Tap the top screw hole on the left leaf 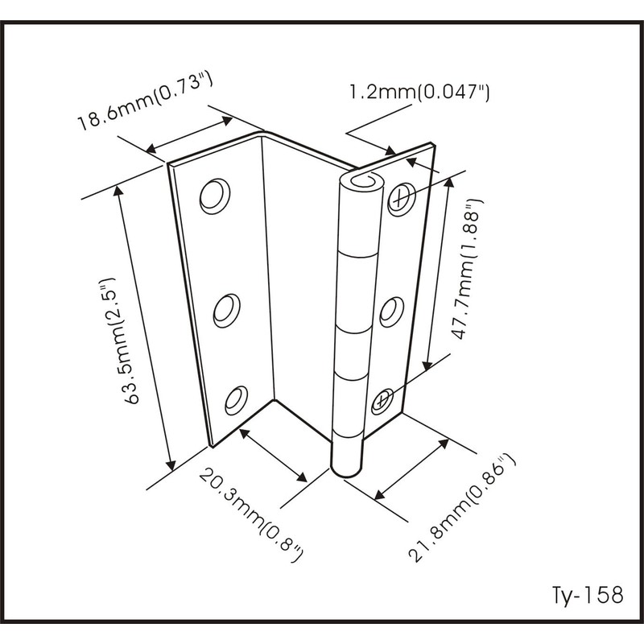click(214, 196)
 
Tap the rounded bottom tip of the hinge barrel click(347, 471)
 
